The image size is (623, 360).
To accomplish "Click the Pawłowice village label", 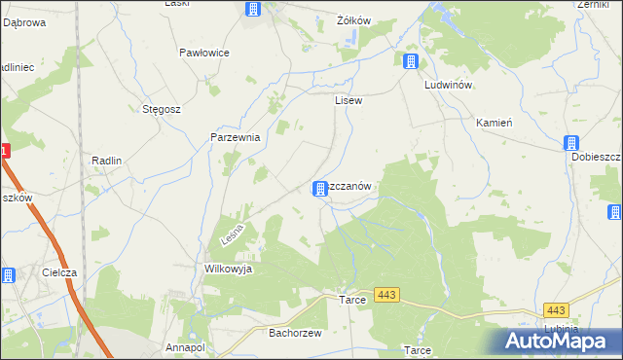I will pyautogui.click(x=204, y=53).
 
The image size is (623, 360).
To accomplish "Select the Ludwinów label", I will pyautogui.click(x=448, y=85).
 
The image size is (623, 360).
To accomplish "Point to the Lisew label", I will pyautogui.click(x=348, y=99).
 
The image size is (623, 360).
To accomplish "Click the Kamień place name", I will pyautogui.click(x=494, y=124).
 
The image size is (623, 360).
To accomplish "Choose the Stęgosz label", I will pyautogui.click(x=162, y=109).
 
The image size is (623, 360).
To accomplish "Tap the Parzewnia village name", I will pyautogui.click(x=236, y=137).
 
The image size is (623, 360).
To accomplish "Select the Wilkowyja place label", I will pyautogui.click(x=228, y=269).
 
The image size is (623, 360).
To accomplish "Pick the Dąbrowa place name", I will pyautogui.click(x=24, y=22).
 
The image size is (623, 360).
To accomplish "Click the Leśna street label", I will pyautogui.click(x=232, y=234).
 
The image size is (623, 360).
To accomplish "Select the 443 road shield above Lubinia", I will pyautogui.click(x=556, y=309).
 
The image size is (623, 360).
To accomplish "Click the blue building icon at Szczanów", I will pyautogui.click(x=319, y=188).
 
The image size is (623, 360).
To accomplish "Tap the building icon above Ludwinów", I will pyautogui.click(x=411, y=62).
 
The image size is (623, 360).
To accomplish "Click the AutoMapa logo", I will pyautogui.click(x=560, y=339).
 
